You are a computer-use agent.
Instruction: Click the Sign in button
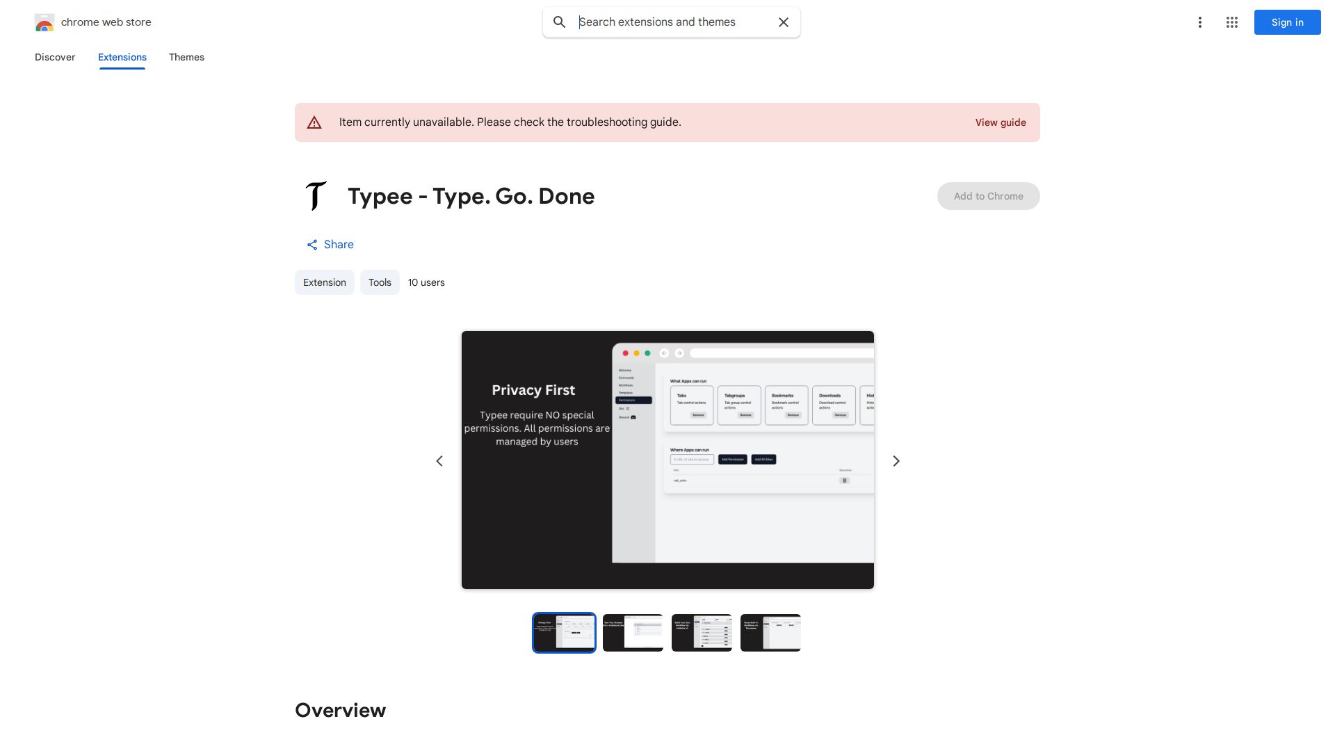click(x=1287, y=22)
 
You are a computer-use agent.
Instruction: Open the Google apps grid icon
click(x=1232, y=22)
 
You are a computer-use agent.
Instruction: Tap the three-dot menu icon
click(x=1199, y=22)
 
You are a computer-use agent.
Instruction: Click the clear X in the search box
click(x=784, y=22)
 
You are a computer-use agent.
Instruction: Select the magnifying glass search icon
click(x=560, y=22)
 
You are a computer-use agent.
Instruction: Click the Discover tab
click(x=55, y=57)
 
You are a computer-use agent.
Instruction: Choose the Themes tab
click(x=186, y=57)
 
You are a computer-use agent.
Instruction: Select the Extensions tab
click(x=122, y=57)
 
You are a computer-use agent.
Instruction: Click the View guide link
click(x=1001, y=122)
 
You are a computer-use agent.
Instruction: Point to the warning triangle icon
click(x=314, y=122)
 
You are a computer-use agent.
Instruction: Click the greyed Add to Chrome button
click(x=988, y=196)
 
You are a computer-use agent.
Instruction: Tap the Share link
click(x=330, y=245)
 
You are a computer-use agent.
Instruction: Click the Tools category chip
click(x=380, y=282)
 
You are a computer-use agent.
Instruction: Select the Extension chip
click(x=325, y=282)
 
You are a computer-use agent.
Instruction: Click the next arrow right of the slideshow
click(x=896, y=461)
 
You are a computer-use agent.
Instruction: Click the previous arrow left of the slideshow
click(x=439, y=461)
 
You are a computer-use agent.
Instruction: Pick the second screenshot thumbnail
click(x=633, y=633)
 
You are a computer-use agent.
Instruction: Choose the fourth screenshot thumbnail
click(x=770, y=633)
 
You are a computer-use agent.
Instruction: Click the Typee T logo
click(x=316, y=196)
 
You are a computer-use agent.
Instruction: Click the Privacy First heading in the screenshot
click(x=533, y=390)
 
